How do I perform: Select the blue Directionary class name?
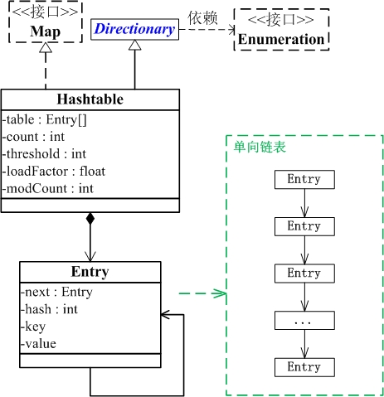point(134,30)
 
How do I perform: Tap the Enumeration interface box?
point(281,30)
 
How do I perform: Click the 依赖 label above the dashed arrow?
point(201,17)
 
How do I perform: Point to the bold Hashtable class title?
point(90,99)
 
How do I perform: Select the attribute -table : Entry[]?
point(41,118)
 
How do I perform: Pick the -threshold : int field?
point(44,153)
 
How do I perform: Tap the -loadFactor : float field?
point(54,171)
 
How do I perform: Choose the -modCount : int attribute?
point(48,188)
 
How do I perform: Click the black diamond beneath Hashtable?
point(90,220)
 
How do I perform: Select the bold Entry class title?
point(90,272)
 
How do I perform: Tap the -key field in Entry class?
point(34,326)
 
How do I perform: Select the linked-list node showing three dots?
point(304,320)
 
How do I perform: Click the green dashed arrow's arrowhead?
point(220,293)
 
